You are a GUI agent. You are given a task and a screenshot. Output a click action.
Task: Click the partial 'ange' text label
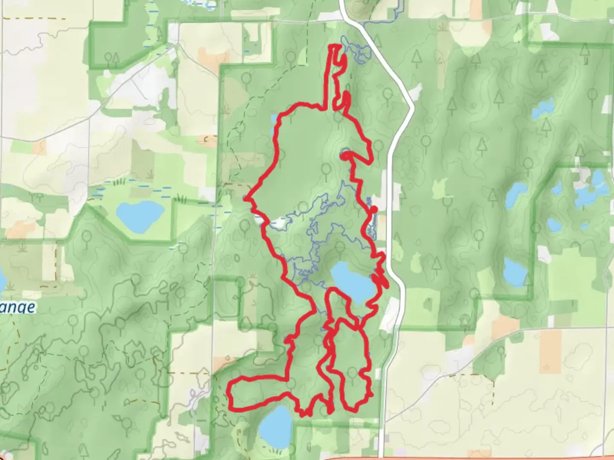(17, 307)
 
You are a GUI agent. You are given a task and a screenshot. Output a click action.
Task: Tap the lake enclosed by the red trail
(352, 282)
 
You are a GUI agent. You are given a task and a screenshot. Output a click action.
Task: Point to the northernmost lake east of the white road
(543, 108)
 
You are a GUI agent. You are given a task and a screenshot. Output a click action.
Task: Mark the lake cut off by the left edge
(2, 279)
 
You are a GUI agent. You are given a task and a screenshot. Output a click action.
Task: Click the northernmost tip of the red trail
(335, 46)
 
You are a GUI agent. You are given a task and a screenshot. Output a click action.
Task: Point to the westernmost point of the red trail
(246, 198)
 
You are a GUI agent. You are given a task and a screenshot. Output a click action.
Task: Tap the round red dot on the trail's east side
(374, 209)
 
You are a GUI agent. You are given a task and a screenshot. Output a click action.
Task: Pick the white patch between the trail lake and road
(387, 318)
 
